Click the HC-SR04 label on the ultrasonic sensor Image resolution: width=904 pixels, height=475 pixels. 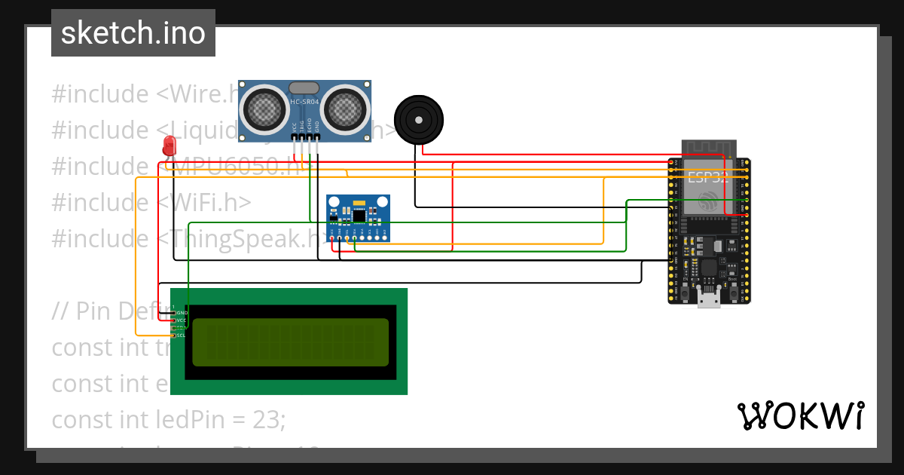tap(305, 102)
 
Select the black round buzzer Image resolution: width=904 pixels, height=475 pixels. tap(420, 118)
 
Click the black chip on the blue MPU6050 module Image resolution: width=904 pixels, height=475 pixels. tap(359, 216)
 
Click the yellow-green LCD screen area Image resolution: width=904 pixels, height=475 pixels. tap(290, 342)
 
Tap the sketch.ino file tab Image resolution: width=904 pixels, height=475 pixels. tap(133, 33)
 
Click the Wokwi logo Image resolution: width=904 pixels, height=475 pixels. tap(800, 415)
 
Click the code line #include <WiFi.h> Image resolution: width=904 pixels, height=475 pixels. tap(151, 203)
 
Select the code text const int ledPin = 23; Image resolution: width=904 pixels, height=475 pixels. tap(169, 419)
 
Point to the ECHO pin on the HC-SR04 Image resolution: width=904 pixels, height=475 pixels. tap(310, 137)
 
